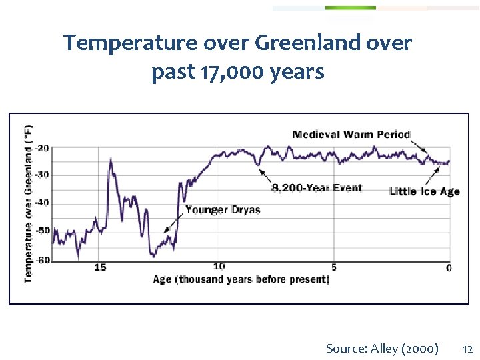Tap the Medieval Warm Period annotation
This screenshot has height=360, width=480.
[x=351, y=134]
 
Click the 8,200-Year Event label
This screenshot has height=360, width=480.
[x=317, y=188]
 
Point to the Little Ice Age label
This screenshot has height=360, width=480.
[x=424, y=191]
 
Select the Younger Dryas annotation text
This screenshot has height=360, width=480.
[x=223, y=210]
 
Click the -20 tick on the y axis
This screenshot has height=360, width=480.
[x=43, y=148]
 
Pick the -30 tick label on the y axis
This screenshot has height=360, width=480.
[x=43, y=175]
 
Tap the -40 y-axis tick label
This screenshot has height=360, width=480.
[x=43, y=203]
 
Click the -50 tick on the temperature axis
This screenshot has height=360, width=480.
[x=43, y=231]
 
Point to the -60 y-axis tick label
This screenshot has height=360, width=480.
[x=43, y=260]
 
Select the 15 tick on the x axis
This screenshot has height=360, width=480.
[x=100, y=267]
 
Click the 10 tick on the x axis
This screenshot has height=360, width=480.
[x=219, y=267]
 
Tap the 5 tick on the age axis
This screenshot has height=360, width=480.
[x=334, y=267]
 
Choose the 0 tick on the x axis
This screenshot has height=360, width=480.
[x=449, y=268]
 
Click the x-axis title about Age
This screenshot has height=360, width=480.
[x=241, y=279]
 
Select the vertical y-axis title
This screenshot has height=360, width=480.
[x=29, y=203]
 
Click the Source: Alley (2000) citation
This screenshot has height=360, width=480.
[x=382, y=348]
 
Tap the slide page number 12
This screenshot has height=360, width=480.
[x=467, y=348]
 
